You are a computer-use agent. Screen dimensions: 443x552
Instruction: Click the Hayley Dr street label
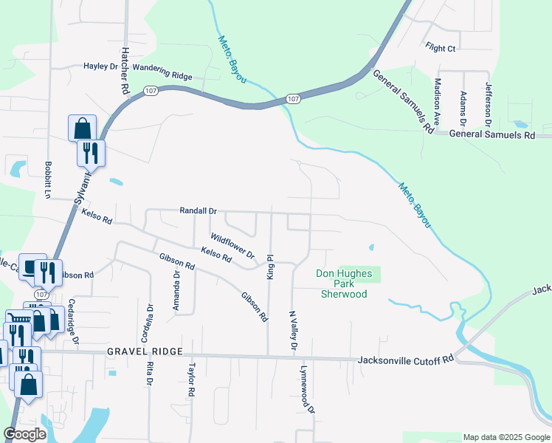click(101, 66)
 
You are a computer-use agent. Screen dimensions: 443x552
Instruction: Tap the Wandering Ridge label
click(162, 74)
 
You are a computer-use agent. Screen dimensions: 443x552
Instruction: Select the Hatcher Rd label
click(125, 71)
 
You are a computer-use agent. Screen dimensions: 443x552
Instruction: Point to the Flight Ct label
click(441, 49)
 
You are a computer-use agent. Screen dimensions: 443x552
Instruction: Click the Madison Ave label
click(438, 101)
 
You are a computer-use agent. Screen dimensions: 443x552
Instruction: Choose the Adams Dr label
click(463, 107)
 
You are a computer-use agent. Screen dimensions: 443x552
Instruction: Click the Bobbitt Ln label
click(48, 180)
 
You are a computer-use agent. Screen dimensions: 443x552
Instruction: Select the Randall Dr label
click(198, 210)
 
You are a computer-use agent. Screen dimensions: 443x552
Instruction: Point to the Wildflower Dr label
click(232, 245)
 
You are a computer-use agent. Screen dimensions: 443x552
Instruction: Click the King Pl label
click(270, 267)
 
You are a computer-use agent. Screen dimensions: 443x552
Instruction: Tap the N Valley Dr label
click(293, 330)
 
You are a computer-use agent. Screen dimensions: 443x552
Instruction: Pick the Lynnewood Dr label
click(306, 388)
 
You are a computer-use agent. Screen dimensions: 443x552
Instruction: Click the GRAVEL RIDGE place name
click(144, 352)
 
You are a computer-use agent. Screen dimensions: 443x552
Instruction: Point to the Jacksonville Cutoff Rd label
click(405, 360)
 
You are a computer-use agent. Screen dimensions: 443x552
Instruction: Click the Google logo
click(25, 434)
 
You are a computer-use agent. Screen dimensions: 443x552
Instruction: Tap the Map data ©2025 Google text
click(506, 437)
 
